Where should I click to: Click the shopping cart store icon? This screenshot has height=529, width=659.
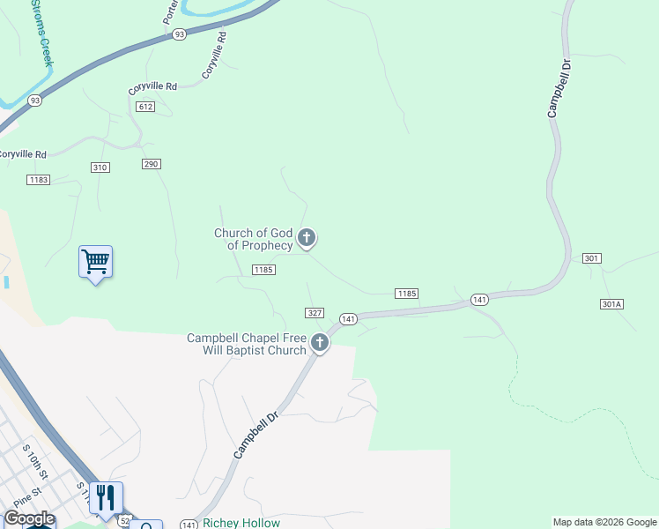[95, 262]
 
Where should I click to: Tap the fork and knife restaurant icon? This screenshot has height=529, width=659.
[106, 498]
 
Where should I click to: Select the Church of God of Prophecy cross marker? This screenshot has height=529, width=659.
[307, 237]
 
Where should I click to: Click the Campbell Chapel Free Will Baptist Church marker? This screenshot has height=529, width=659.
[319, 344]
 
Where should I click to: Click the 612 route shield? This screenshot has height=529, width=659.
[146, 107]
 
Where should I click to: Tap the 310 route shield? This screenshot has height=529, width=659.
[100, 168]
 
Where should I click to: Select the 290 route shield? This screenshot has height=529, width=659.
[152, 164]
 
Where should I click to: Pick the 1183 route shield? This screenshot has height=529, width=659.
[38, 180]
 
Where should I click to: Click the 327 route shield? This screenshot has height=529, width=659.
[315, 313]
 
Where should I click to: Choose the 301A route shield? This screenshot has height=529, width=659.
[611, 304]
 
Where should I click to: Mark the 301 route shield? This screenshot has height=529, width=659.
[591, 258]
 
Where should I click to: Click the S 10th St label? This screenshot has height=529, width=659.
[34, 461]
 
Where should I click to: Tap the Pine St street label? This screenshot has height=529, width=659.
[26, 496]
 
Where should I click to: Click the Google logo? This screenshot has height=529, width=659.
[28, 519]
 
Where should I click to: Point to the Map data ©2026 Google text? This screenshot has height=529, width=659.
[604, 522]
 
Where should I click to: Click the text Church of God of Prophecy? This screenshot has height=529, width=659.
[253, 239]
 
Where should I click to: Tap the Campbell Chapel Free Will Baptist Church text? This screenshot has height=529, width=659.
[246, 344]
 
